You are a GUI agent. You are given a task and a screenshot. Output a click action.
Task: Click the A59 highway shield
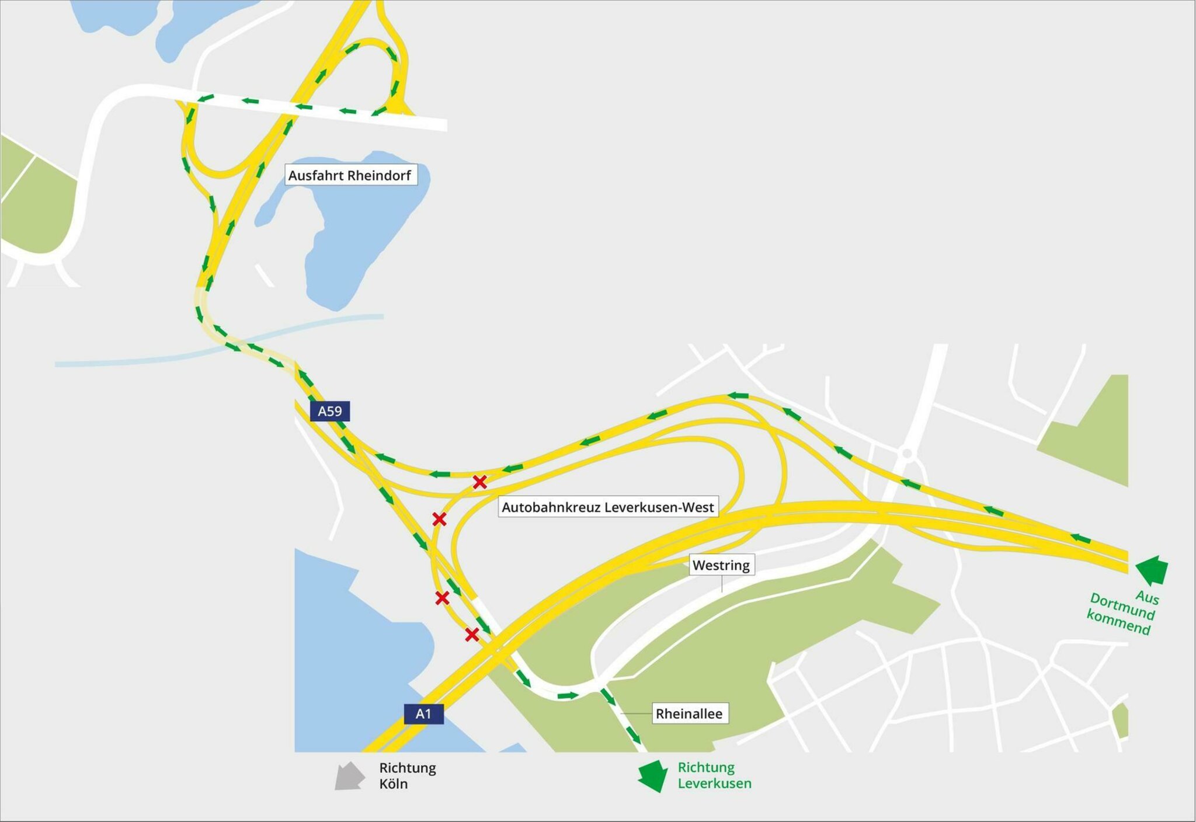pos(329,411)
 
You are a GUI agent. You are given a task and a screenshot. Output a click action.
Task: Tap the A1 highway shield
pos(423,713)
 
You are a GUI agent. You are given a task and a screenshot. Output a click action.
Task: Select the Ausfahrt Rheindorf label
pos(350,175)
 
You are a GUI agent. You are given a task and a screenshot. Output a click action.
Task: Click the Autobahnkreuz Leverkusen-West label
pos(607,507)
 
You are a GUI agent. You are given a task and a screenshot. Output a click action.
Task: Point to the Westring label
pos(721,565)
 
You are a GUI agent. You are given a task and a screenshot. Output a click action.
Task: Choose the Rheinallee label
pos(689,713)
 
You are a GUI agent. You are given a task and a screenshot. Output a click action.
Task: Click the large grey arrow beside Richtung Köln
pos(350,776)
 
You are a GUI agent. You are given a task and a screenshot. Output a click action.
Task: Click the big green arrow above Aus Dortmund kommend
pos(1152,569)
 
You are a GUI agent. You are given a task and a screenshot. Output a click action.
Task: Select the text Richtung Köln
pos(408,776)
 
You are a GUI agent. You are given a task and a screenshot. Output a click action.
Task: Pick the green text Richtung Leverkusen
pos(714,775)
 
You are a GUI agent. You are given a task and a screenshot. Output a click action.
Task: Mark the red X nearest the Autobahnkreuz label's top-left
pos(479,482)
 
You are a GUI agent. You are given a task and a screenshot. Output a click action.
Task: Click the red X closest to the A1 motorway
pos(472,635)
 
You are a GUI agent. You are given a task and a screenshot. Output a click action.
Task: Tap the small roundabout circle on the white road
pos(907,453)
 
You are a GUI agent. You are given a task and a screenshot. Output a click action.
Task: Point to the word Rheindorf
pos(380,175)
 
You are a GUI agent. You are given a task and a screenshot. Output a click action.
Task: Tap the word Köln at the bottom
pos(393,784)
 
